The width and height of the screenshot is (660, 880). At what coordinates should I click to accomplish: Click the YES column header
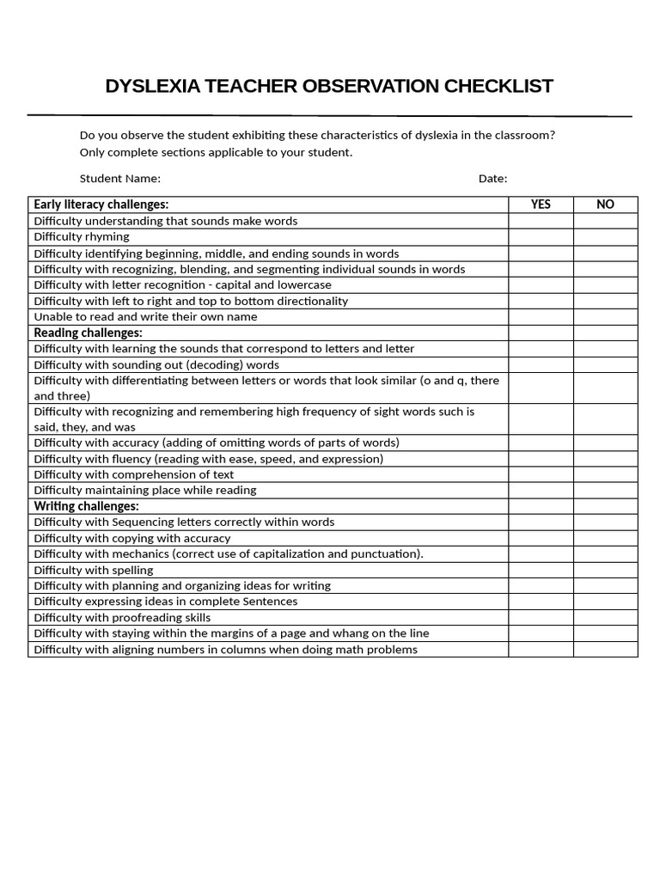[x=541, y=205]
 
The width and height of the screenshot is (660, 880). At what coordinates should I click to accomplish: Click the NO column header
[x=605, y=205]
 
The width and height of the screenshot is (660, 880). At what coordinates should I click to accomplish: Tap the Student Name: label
[x=119, y=179]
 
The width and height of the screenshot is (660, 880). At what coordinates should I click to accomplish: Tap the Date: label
[x=492, y=179]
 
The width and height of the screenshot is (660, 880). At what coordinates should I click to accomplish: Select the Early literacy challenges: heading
[x=101, y=205]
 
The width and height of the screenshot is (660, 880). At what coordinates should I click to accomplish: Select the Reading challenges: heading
[x=88, y=333]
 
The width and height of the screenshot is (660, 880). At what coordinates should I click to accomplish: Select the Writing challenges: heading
[x=86, y=506]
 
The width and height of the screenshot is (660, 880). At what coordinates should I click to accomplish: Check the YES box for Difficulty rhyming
[x=541, y=236]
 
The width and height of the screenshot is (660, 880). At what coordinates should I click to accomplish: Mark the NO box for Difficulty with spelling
[x=605, y=570]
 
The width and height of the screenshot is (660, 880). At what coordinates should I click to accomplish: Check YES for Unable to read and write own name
[x=541, y=316]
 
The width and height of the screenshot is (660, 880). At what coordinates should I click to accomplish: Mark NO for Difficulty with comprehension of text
[x=605, y=474]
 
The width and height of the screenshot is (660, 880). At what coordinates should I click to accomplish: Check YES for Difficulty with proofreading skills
[x=541, y=617]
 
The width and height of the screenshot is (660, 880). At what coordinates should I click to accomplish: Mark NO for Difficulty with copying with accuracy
[x=605, y=538]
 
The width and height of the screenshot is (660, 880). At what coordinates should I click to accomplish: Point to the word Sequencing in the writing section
[x=142, y=522]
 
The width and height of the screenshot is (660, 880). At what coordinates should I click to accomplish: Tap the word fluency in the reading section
[x=131, y=459]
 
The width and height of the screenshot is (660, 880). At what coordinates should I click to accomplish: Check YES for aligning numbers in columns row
[x=541, y=649]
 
